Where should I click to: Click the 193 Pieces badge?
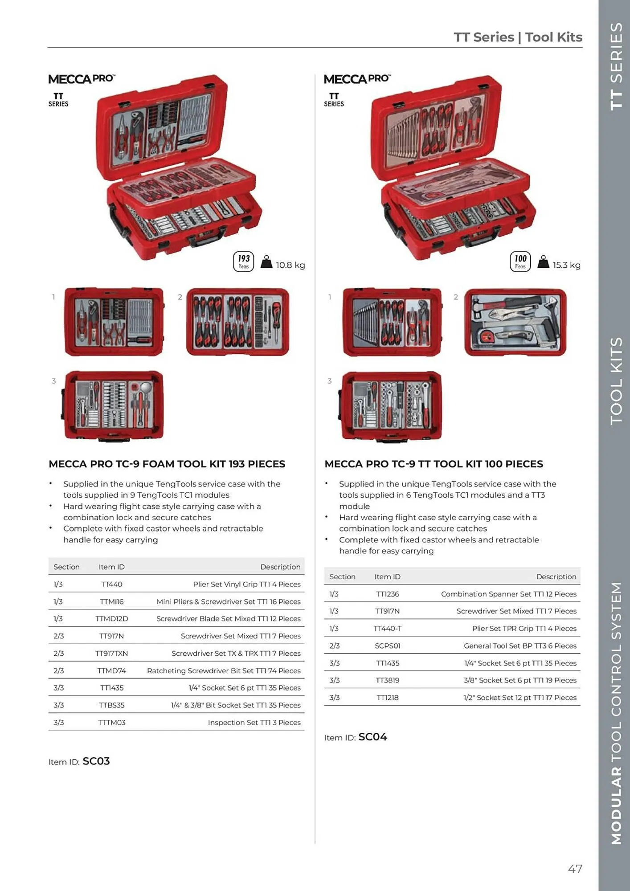243,262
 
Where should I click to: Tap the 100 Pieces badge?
520,262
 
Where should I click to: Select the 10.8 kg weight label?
290,265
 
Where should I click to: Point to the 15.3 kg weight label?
566,265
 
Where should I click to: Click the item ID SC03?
96,761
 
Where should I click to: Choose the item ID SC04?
372,737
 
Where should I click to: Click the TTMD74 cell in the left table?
111,670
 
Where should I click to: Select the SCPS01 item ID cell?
387,646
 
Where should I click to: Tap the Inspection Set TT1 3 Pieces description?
254,722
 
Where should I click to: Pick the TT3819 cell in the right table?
387,680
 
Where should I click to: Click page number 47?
575,869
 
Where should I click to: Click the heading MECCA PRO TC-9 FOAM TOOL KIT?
167,464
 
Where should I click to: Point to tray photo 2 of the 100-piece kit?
515,322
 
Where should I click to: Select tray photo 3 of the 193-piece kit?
114,405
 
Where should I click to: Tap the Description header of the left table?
280,567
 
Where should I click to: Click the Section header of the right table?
342,576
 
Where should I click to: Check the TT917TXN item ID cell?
111,653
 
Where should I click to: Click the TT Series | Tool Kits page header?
518,37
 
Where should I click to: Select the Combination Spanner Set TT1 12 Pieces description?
508,594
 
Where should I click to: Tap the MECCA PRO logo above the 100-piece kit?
357,79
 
